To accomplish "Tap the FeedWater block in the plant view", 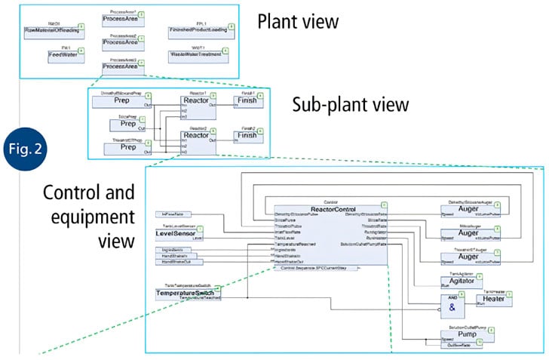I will coord(55,54).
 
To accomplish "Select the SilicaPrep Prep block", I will coord(133,123).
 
